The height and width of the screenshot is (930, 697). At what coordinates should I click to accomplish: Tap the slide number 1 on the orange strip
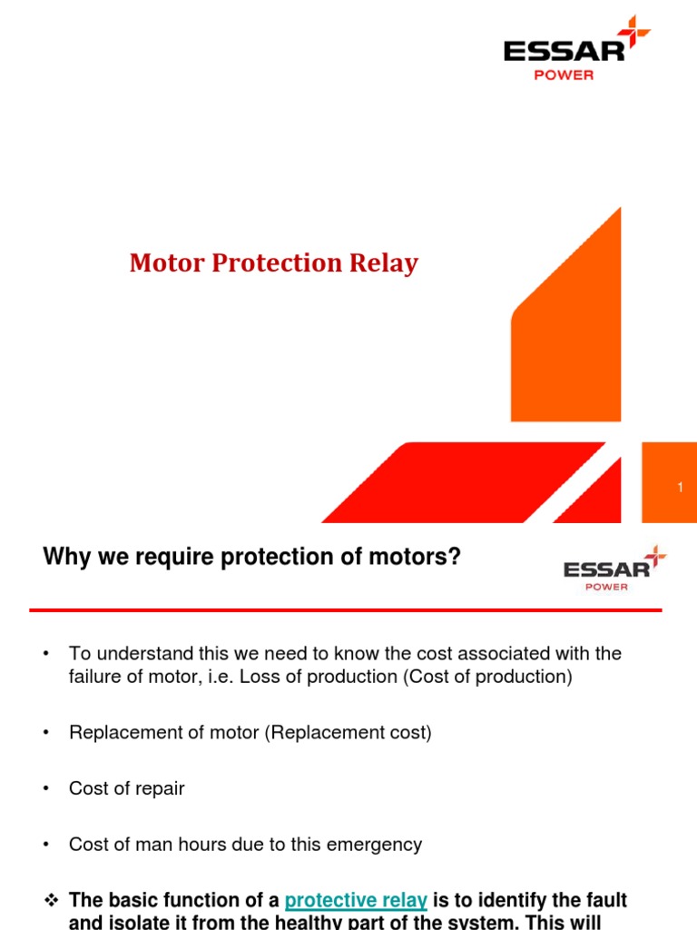[x=680, y=489]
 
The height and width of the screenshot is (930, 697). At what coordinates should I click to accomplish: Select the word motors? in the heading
[x=421, y=557]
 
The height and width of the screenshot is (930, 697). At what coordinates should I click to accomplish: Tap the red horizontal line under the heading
[x=345, y=609]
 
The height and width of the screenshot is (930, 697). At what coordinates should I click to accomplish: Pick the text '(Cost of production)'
[x=496, y=678]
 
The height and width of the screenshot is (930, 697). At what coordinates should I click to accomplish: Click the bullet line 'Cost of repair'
[x=126, y=788]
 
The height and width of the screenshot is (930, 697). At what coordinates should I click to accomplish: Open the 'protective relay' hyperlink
[x=356, y=901]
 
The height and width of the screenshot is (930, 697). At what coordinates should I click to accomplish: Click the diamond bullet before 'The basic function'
[x=51, y=901]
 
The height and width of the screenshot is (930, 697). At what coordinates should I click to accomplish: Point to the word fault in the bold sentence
[x=606, y=901]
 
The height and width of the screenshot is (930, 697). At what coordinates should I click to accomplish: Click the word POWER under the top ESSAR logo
[x=564, y=75]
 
